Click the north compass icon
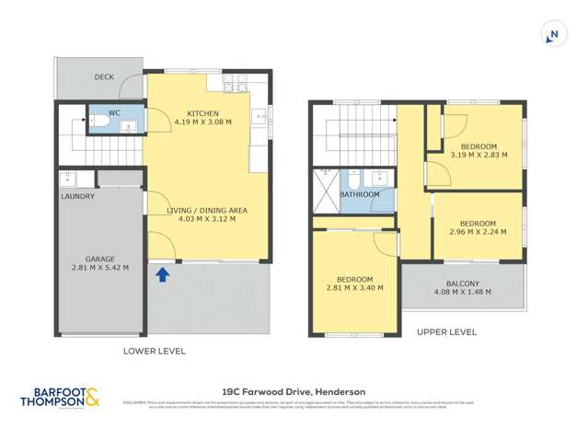(552, 36)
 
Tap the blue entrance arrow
(163, 274)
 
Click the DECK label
(104, 77)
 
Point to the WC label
(115, 113)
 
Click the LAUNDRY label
(77, 196)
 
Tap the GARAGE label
(99, 259)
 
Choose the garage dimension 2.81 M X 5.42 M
(99, 268)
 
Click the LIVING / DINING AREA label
(206, 210)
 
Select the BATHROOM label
(359, 195)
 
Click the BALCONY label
(462, 283)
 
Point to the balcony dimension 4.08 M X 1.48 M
(462, 292)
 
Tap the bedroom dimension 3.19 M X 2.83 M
(478, 156)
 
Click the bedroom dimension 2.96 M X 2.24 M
(478, 233)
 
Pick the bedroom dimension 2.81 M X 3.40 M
(354, 288)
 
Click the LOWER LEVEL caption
(154, 351)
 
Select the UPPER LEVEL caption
(446, 331)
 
